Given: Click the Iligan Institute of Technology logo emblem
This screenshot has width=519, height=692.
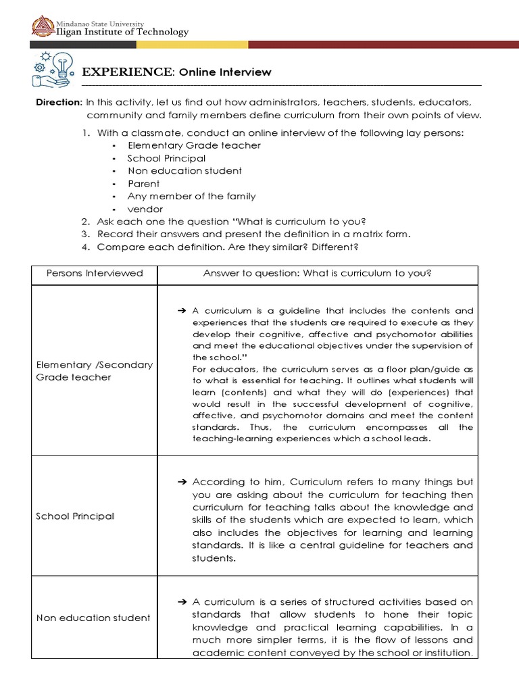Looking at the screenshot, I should (x=43, y=27).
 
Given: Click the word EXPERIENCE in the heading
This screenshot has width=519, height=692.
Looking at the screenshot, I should (x=126, y=72).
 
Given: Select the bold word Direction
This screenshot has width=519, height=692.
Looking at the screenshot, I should (x=58, y=102).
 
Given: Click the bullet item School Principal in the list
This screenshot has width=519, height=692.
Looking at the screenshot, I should (x=166, y=158).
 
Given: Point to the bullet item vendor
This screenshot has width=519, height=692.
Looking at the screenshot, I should (x=145, y=209).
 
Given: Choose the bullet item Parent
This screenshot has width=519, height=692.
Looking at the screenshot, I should (x=143, y=183).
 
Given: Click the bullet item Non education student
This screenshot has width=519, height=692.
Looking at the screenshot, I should (x=184, y=171).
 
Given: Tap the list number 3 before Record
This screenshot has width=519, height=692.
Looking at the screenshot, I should (x=86, y=234).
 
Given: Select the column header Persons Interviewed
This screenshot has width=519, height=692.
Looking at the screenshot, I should (x=95, y=273).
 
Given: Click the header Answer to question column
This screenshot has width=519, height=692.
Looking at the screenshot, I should (x=317, y=273).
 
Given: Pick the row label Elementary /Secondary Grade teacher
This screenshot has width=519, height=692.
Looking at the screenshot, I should (x=94, y=370).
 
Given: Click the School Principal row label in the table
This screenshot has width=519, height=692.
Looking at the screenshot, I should (x=74, y=516).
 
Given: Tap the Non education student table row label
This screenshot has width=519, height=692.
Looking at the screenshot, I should (x=93, y=618).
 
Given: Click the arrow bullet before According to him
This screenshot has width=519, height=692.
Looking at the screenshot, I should (x=180, y=482).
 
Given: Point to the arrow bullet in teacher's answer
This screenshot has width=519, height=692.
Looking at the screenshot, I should (x=180, y=311).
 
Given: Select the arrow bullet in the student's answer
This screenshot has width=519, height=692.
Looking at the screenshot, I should (x=180, y=602).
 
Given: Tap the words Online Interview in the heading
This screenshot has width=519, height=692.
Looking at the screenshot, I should (x=225, y=72).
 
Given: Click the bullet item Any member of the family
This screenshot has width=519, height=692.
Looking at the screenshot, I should (x=191, y=196).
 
